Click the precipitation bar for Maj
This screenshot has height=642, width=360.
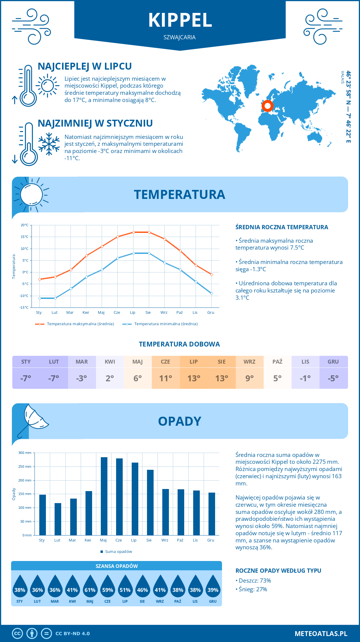(x=104, y=496)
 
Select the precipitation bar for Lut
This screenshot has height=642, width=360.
(x=58, y=519)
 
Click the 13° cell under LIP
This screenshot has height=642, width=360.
(x=193, y=378)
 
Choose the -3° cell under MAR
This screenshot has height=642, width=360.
(x=82, y=378)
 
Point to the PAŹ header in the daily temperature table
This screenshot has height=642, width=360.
(x=277, y=362)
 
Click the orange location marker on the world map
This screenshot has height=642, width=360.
(x=267, y=106)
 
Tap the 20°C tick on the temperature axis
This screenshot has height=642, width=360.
(x=25, y=225)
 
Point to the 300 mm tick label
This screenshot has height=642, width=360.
(x=25, y=453)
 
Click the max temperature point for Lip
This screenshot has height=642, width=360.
(x=133, y=232)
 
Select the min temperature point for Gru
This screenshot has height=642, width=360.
(x=211, y=293)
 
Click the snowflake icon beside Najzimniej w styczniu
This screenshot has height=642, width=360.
(x=49, y=144)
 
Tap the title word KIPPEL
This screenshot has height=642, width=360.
(x=180, y=20)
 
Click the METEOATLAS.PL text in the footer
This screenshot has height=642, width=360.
(x=321, y=634)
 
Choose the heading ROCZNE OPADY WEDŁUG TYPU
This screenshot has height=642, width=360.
(x=278, y=571)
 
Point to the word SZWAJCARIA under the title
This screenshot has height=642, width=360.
(x=179, y=37)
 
